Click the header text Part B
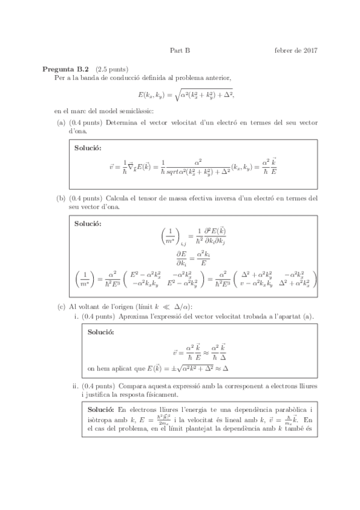(180, 51)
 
